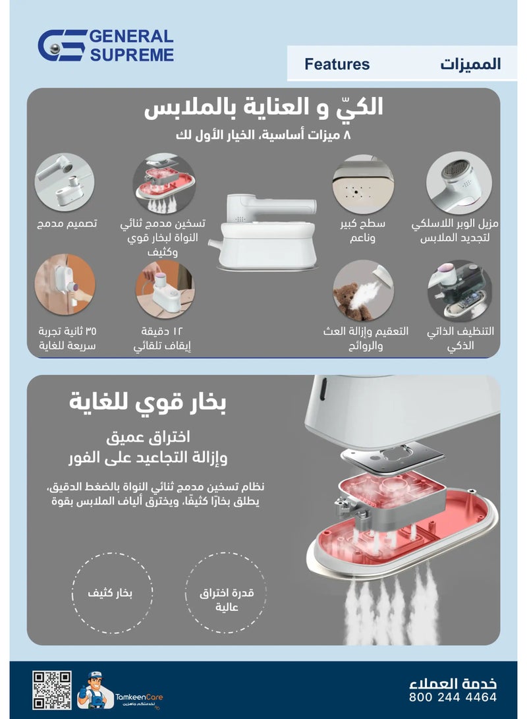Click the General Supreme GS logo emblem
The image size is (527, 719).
click(61, 45)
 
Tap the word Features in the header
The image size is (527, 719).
click(337, 65)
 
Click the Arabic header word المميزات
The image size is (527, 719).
click(470, 65)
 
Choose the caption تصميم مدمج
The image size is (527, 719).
click(67, 223)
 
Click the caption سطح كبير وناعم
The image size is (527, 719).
click(362, 230)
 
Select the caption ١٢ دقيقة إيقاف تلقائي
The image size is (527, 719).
click(166, 337)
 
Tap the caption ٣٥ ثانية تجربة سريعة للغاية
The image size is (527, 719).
click(67, 337)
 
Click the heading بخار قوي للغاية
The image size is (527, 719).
click(148, 401)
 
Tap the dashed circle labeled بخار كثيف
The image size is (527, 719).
click(111, 594)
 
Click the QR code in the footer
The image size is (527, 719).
click(52, 690)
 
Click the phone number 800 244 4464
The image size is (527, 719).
click(453, 697)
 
